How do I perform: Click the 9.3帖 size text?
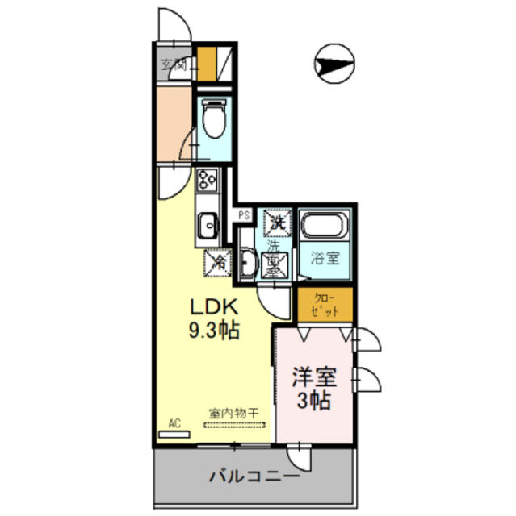coord(212,330)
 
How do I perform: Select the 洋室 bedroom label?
coord(313,377)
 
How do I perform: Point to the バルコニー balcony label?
coord(254,476)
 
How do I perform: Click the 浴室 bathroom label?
coord(325,260)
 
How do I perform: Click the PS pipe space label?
coord(243,215)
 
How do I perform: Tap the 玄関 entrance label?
coord(172,65)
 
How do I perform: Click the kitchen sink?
coord(207,223)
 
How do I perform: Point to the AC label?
coord(174,422)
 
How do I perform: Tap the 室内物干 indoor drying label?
coord(233,414)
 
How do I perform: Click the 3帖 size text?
coord(314,401)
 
